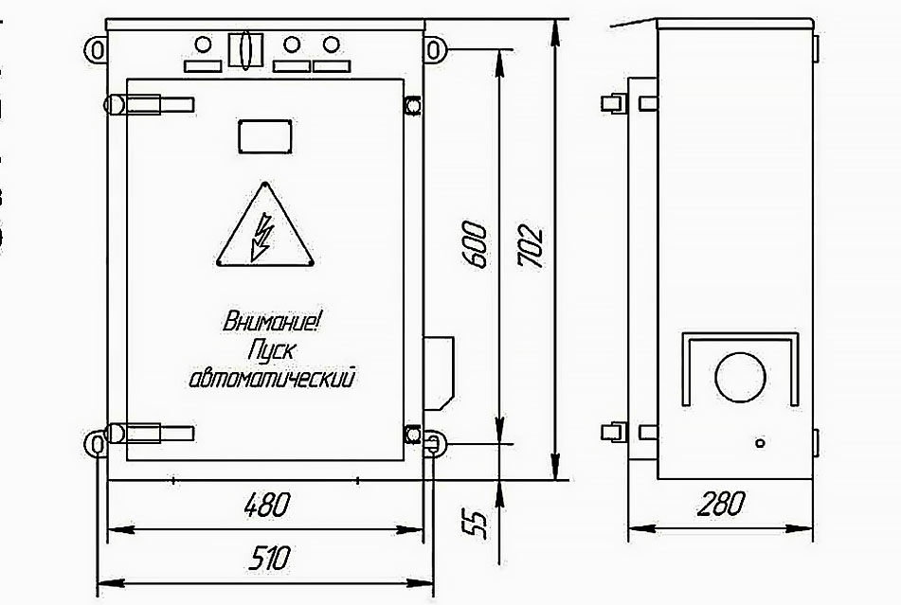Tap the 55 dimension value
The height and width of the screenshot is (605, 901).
coord(478,523)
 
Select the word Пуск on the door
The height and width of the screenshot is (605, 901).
coord(272,350)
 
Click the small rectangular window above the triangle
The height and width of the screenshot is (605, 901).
coord(263,135)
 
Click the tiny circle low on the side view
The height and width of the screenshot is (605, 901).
coord(758,442)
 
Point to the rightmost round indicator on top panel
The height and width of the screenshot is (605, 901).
coord(331,44)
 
